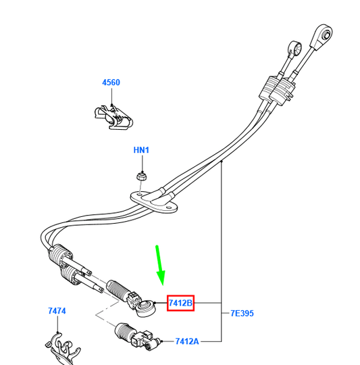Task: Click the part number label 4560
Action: pyautogui.click(x=111, y=82)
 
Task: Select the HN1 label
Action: pyautogui.click(x=141, y=150)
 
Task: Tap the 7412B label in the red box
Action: pyautogui.click(x=180, y=303)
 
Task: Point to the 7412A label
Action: pyautogui.click(x=187, y=341)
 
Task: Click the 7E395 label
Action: pyautogui.click(x=242, y=313)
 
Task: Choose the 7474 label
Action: pyautogui.click(x=57, y=311)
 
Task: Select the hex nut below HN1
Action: pyautogui.click(x=141, y=176)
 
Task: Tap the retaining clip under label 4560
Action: pyautogui.click(x=113, y=118)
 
